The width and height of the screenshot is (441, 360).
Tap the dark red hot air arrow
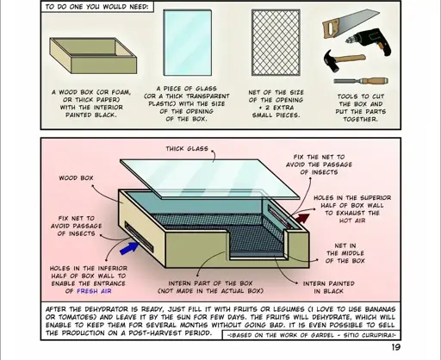303,226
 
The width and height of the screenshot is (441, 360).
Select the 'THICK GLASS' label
186,148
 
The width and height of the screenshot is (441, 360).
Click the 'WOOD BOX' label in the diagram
76,178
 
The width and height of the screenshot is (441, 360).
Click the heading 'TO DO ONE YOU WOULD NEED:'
97,7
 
